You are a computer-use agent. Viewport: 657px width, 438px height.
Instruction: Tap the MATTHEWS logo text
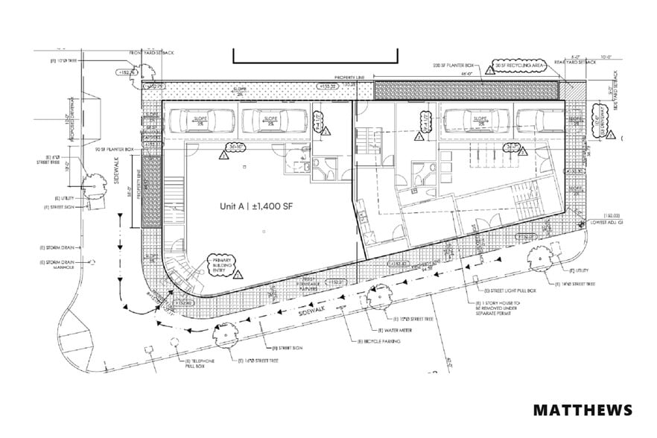coord(583,410)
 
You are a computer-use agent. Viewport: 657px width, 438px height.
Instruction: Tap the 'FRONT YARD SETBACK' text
coord(152,53)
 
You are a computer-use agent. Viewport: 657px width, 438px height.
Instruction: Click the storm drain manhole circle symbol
coord(94,262)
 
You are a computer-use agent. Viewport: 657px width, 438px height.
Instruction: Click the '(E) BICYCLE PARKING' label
coord(380,341)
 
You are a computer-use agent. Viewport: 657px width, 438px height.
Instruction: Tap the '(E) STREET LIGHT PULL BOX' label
coord(509,290)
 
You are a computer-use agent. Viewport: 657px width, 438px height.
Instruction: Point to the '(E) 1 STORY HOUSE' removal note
coord(501,308)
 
